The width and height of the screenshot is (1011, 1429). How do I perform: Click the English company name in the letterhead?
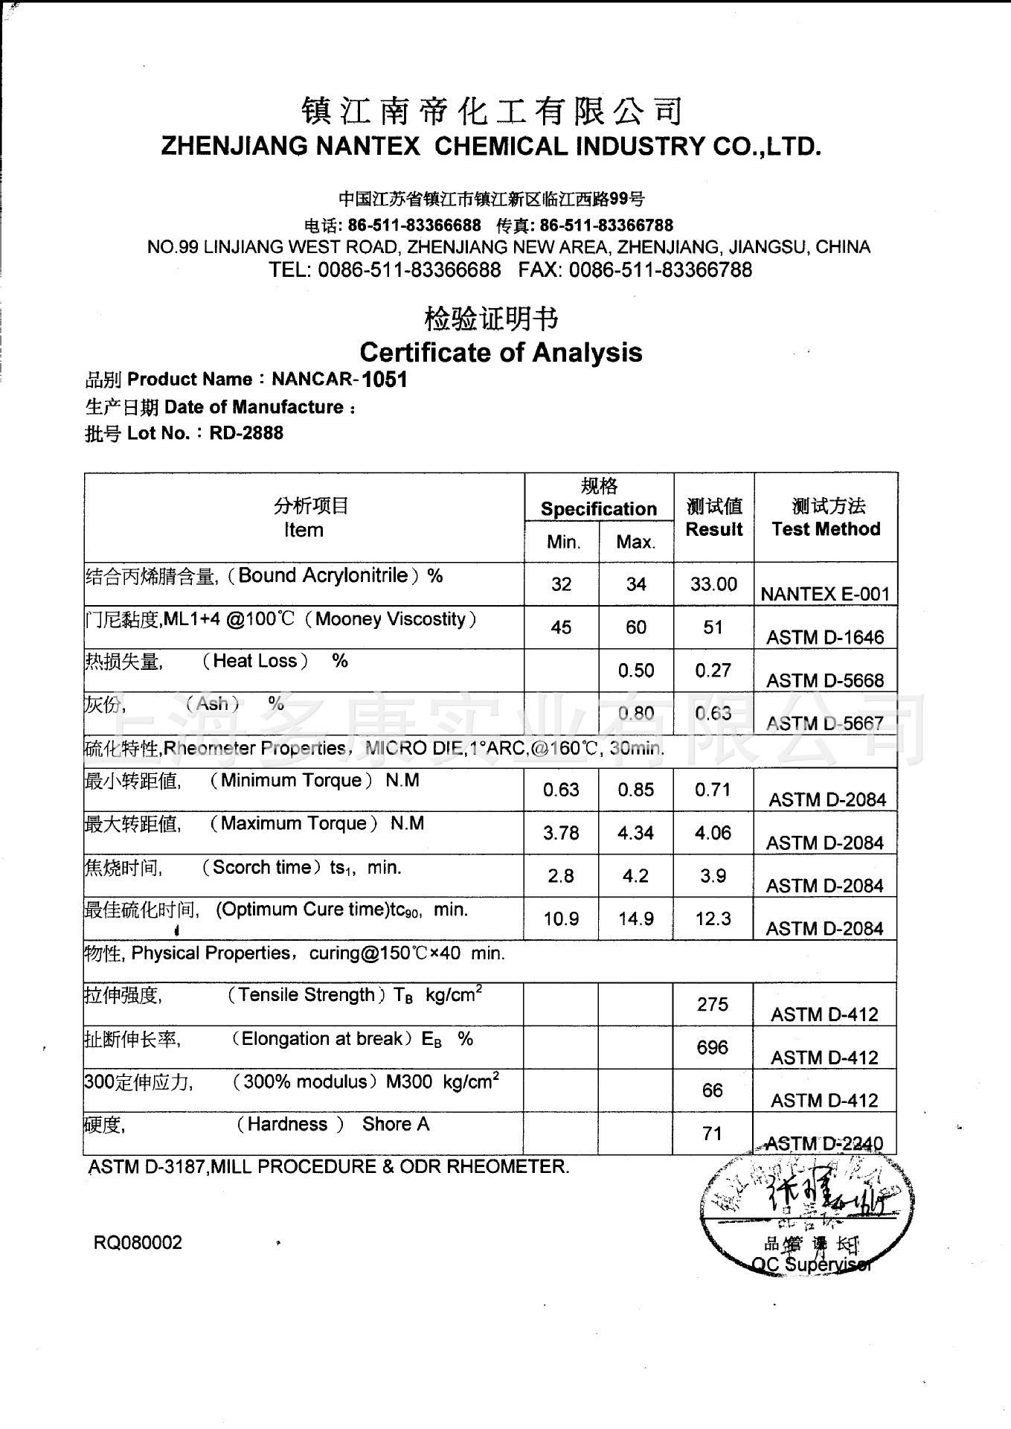click(491, 146)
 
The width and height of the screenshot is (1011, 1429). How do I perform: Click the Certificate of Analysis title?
click(501, 351)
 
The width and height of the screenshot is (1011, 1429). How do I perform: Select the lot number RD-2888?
click(246, 433)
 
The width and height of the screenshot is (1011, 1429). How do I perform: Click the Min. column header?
click(562, 542)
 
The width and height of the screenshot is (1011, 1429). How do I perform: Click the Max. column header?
click(635, 542)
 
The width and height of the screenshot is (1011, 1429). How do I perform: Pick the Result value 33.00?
click(713, 584)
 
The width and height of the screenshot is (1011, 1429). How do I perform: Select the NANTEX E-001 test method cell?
click(825, 593)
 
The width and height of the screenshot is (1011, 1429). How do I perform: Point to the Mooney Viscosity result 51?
click(713, 627)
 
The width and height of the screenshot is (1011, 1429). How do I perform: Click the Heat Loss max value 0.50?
click(635, 671)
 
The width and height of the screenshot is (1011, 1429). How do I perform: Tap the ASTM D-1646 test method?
click(825, 637)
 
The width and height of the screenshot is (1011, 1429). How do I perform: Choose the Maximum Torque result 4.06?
click(713, 833)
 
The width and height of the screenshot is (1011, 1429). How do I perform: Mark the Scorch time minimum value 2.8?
click(561, 876)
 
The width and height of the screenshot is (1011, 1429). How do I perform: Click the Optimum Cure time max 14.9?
click(635, 919)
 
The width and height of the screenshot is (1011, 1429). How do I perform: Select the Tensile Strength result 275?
click(712, 1005)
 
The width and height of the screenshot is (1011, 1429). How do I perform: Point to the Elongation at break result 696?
click(712, 1048)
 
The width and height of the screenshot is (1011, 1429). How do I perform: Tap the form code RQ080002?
click(138, 1243)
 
